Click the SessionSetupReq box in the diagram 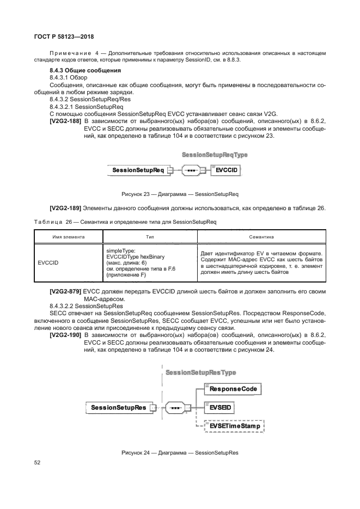point(138,170)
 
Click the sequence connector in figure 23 point(191,170)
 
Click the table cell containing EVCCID point(48,262)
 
